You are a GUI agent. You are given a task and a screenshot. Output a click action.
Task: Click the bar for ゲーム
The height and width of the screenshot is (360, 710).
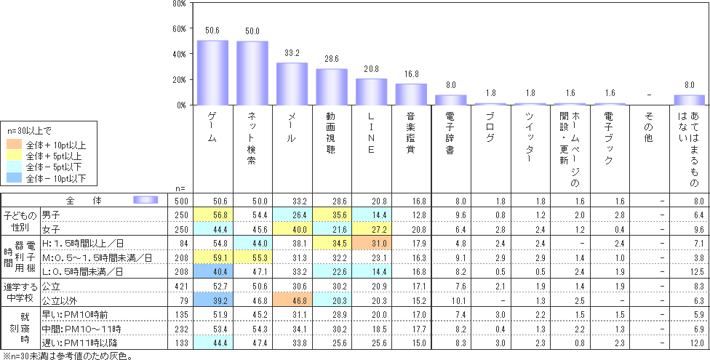213,73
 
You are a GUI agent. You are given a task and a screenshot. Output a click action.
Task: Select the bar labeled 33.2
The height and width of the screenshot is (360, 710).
292,84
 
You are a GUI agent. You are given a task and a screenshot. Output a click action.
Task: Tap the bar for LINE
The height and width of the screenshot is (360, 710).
371,92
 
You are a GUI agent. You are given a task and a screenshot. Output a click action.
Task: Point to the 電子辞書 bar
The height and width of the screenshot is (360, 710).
450,100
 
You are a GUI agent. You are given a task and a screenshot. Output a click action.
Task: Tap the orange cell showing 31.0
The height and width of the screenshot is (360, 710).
371,241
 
